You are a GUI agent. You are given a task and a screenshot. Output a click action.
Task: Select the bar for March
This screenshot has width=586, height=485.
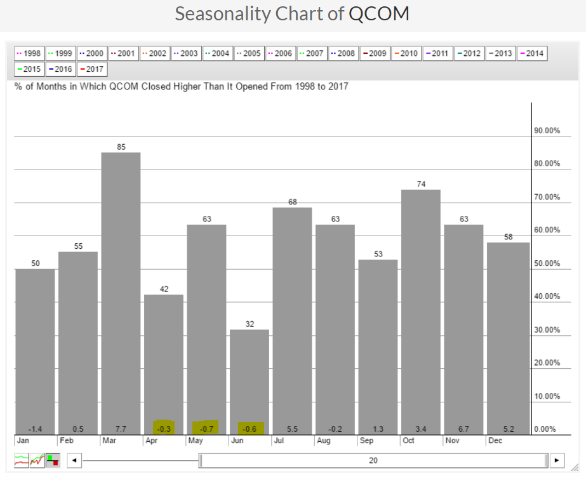[121, 292]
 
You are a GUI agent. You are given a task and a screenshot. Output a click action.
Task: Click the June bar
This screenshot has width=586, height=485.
[250, 381]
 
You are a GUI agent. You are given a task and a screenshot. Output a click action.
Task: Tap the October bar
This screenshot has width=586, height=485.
[421, 311]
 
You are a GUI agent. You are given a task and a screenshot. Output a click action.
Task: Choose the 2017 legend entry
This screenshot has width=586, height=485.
[92, 69]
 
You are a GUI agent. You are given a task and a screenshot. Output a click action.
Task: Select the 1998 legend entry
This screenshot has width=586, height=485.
[29, 53]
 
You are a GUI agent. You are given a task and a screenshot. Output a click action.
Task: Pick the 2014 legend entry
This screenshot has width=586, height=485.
[532, 53]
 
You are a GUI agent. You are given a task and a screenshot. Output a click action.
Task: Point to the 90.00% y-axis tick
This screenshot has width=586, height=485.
[547, 131]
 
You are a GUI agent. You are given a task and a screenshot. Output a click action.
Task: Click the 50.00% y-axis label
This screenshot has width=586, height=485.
[547, 263]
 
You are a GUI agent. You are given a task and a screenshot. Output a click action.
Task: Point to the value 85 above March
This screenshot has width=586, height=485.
[121, 147]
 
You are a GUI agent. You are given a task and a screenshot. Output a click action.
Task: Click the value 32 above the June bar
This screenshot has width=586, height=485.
[250, 324]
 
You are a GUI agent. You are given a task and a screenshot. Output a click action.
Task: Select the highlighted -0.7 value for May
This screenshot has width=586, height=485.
[206, 429]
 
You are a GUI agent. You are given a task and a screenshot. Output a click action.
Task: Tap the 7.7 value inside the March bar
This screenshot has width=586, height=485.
[121, 429]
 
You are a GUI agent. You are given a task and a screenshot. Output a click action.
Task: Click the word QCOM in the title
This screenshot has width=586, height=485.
[379, 14]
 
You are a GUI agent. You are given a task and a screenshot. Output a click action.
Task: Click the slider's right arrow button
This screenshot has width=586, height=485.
[557, 460]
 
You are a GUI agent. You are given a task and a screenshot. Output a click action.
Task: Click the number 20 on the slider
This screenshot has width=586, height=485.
[373, 460]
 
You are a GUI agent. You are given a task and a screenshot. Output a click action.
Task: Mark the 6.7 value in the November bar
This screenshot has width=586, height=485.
[463, 429]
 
